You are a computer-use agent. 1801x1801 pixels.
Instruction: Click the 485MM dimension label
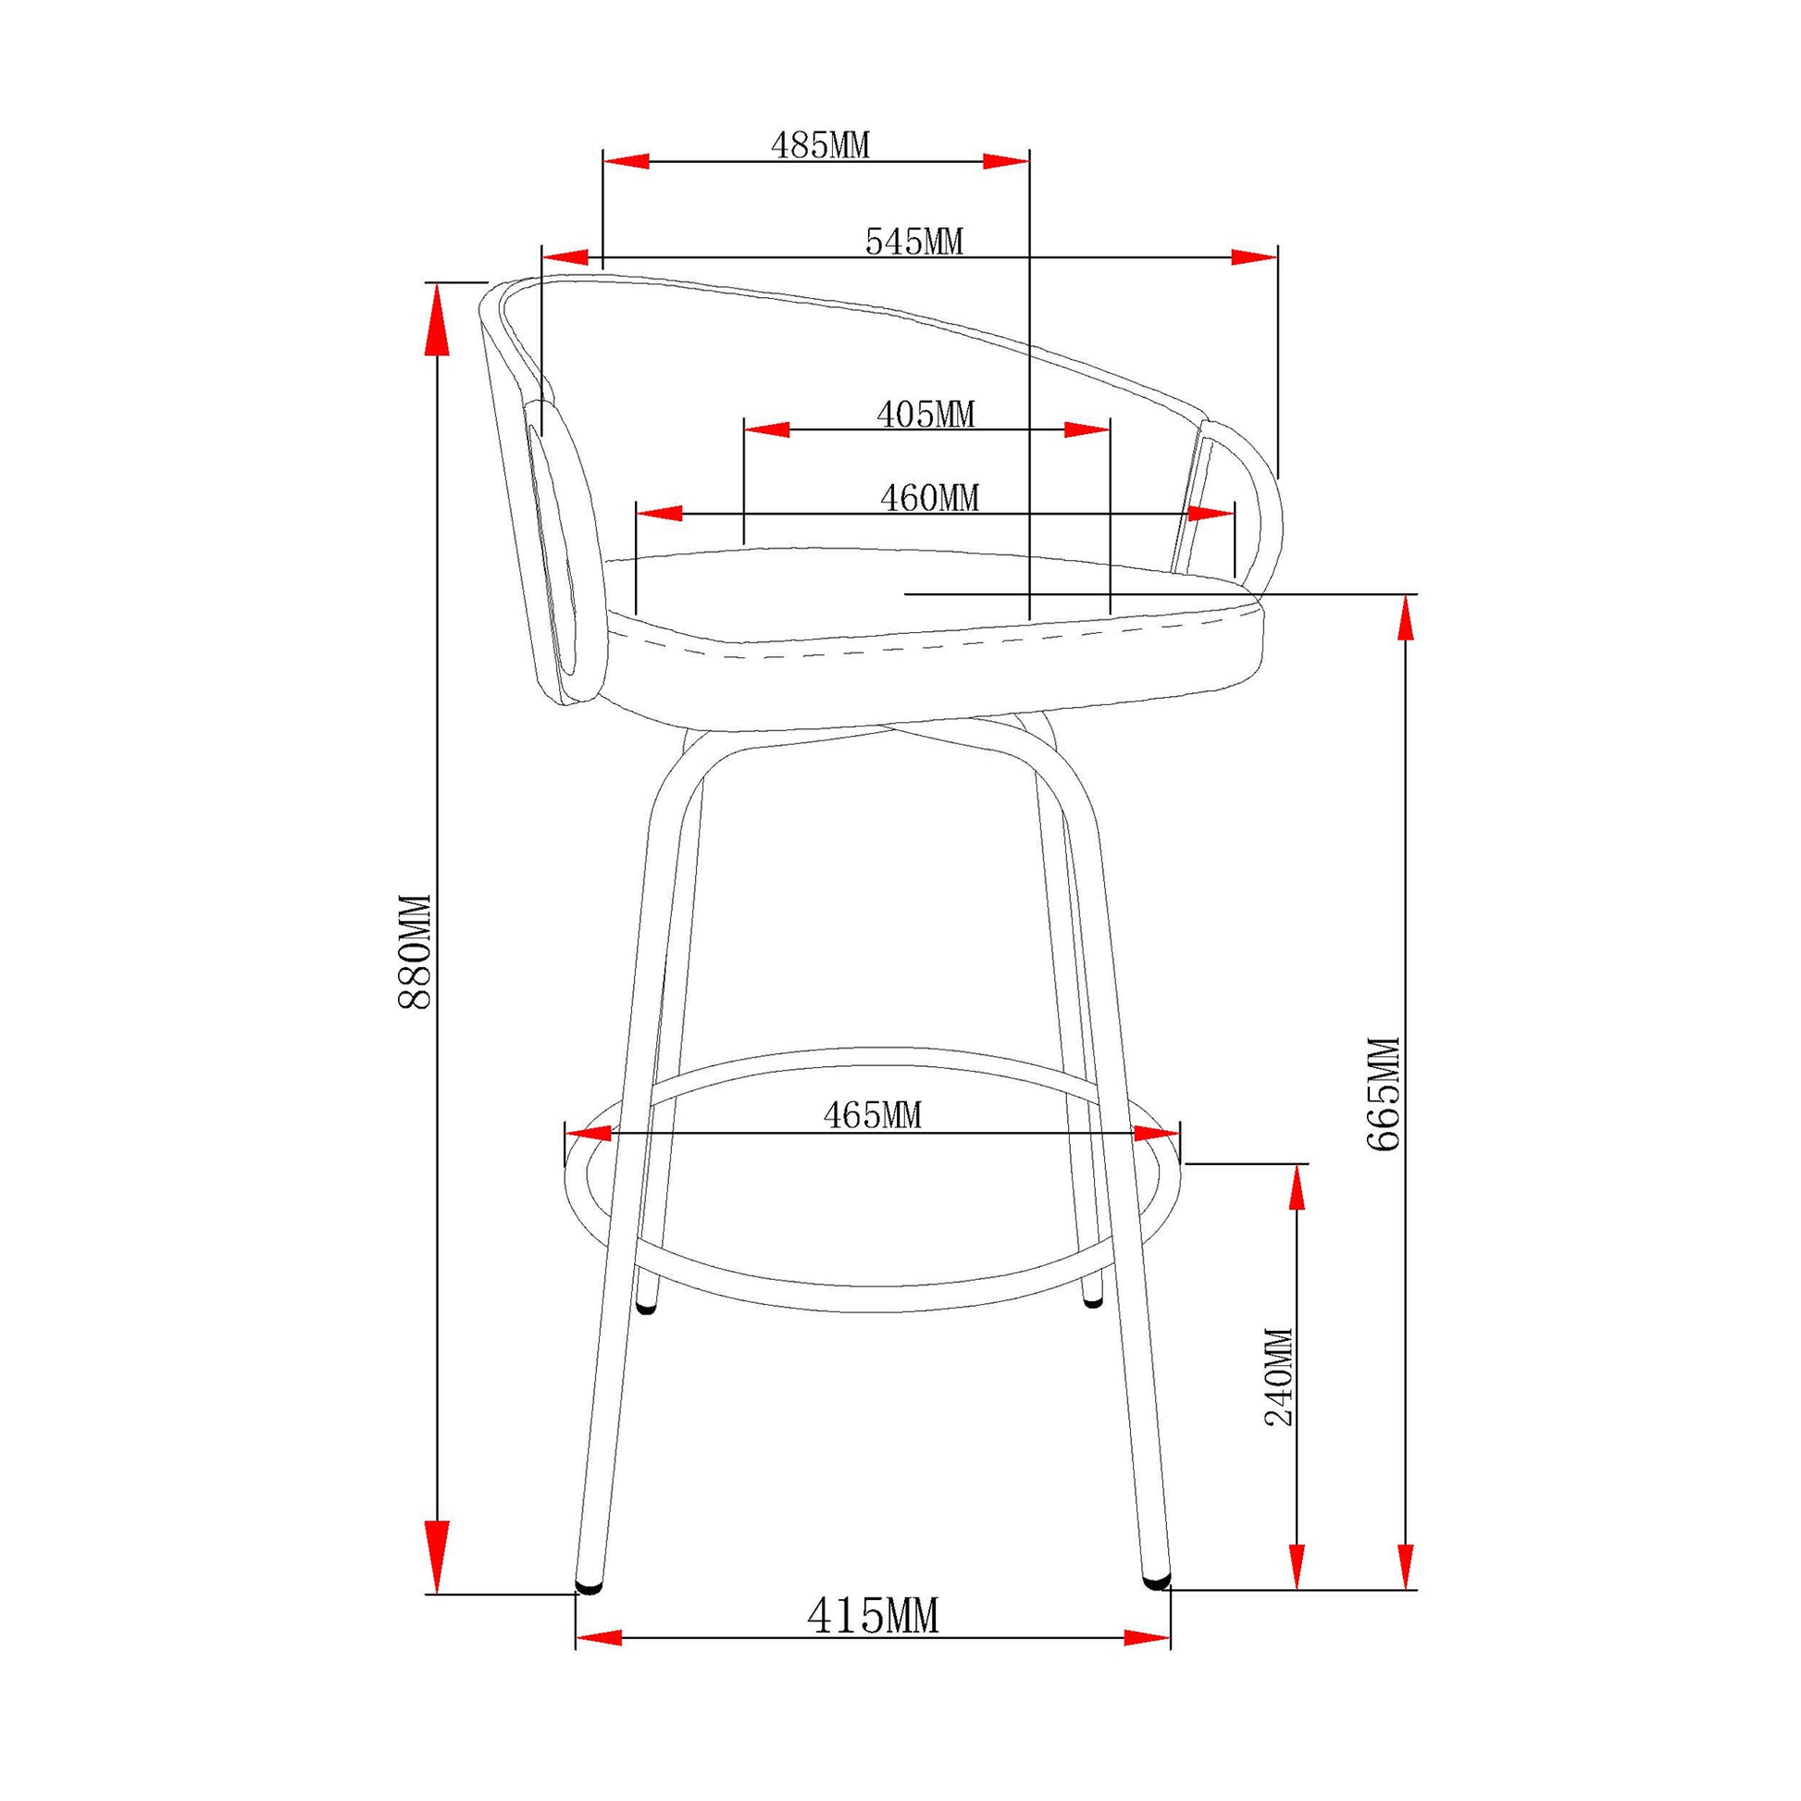(x=819, y=144)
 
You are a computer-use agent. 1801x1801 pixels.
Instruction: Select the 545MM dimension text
(x=913, y=242)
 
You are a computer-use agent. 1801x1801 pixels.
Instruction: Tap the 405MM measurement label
(x=925, y=414)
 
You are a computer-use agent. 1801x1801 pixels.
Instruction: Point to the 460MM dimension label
(x=929, y=498)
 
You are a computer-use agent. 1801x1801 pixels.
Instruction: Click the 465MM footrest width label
(x=872, y=1115)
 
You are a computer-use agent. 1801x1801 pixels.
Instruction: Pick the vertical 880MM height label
(x=414, y=951)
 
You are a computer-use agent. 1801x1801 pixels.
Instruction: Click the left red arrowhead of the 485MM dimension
(x=627, y=160)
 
